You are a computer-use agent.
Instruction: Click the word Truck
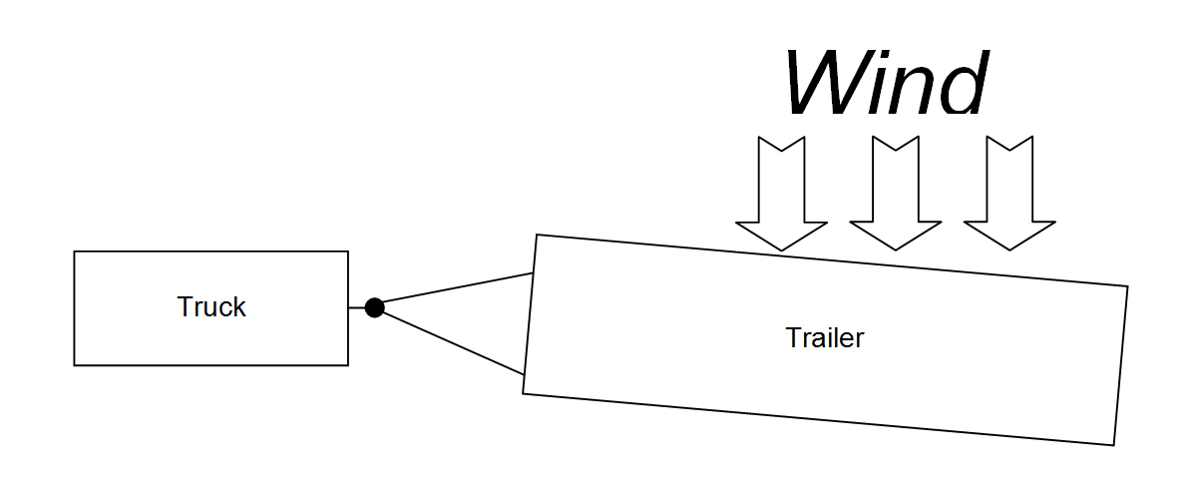point(211,307)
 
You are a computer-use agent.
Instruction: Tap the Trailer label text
point(825,338)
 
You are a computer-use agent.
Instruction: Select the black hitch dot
point(374,307)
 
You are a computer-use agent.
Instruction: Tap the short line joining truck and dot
point(357,307)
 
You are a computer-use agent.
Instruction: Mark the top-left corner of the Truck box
point(75,251)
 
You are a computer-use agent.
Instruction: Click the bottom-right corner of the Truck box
point(348,364)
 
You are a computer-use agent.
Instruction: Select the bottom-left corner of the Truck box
point(75,364)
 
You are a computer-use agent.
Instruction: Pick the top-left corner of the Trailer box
point(537,236)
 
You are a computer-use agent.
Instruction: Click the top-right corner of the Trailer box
point(1127,287)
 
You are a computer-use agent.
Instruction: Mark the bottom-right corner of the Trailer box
point(1113,445)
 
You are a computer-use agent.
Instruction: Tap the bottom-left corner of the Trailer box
point(524,393)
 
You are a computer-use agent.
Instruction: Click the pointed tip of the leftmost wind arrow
point(781,249)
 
